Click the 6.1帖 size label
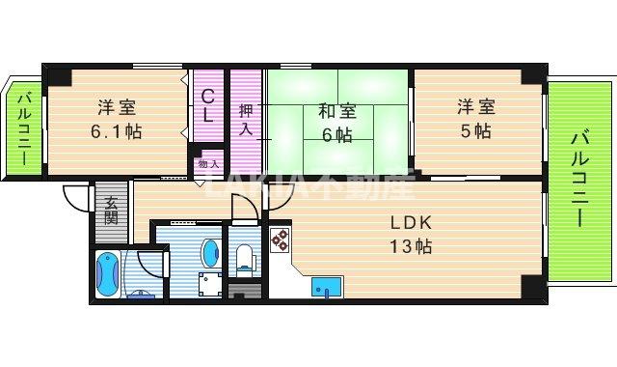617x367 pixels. [x=120, y=131]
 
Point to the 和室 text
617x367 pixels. [x=337, y=109]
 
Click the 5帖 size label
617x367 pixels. [x=474, y=131]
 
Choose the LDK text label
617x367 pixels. [x=410, y=221]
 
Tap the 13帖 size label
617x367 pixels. [x=410, y=246]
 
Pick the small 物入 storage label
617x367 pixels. [x=208, y=164]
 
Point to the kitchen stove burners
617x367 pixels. [x=280, y=240]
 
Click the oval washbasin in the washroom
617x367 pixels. [x=209, y=254]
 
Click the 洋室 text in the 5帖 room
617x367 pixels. [x=474, y=108]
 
